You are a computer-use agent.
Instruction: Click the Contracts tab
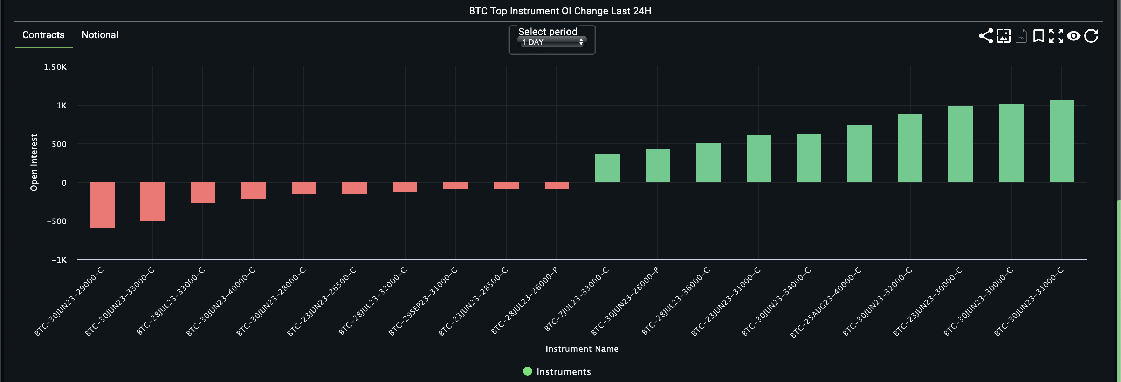[x=43, y=35]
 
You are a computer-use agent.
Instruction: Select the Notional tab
[x=99, y=35]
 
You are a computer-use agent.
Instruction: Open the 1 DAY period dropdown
[x=552, y=42]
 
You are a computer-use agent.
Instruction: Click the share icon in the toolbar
[x=986, y=36]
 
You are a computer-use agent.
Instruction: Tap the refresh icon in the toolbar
[x=1091, y=36]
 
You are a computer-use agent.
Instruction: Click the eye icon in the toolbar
[x=1074, y=36]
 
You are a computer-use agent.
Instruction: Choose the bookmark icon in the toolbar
[x=1038, y=36]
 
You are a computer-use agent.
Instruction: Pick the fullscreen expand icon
[x=1056, y=36]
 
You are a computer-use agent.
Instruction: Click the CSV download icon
[x=1021, y=36]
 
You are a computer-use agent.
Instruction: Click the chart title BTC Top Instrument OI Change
[x=560, y=11]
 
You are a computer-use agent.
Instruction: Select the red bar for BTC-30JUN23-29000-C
[x=102, y=205]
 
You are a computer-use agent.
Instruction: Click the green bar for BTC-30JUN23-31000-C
[x=1062, y=142]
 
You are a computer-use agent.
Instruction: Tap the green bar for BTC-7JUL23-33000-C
[x=607, y=168]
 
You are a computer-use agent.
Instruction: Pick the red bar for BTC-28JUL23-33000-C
[x=203, y=193]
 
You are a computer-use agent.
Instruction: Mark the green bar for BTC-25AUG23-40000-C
[x=859, y=153]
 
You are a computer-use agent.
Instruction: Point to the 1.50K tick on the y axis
[x=55, y=67]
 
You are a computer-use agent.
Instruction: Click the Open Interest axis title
[x=34, y=162]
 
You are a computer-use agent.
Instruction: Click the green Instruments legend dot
[x=528, y=371]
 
